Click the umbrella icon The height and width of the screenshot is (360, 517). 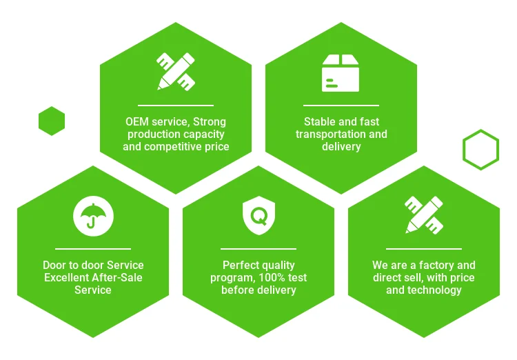(x=93, y=216)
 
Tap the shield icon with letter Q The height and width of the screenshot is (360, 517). (x=258, y=215)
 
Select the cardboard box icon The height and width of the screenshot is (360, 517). (x=341, y=73)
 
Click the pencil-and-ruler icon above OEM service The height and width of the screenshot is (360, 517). (x=176, y=72)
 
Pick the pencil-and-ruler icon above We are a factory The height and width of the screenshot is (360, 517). (x=424, y=215)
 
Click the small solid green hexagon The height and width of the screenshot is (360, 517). (x=52, y=121)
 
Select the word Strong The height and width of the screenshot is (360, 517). (x=210, y=122)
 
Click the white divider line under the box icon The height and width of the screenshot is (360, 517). (x=341, y=106)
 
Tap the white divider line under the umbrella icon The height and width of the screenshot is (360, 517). (x=93, y=248)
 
